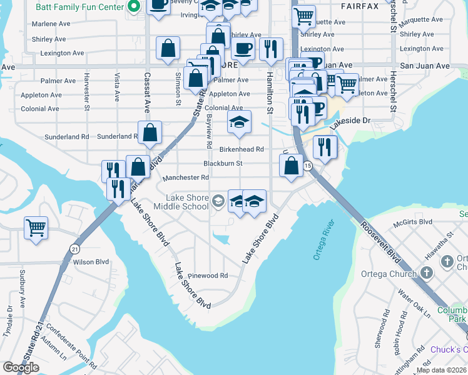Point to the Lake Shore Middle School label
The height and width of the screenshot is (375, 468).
(179, 202)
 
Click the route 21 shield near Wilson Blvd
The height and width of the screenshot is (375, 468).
(75, 248)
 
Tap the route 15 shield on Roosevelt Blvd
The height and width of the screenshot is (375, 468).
(308, 166)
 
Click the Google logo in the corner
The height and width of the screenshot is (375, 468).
(21, 367)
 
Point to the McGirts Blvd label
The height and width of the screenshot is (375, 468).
(413, 222)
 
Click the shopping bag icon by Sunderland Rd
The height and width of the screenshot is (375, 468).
(150, 132)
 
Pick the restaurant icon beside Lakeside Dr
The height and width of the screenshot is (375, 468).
(325, 146)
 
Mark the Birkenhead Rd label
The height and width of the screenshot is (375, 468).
(242, 149)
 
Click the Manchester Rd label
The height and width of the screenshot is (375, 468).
(185, 178)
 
